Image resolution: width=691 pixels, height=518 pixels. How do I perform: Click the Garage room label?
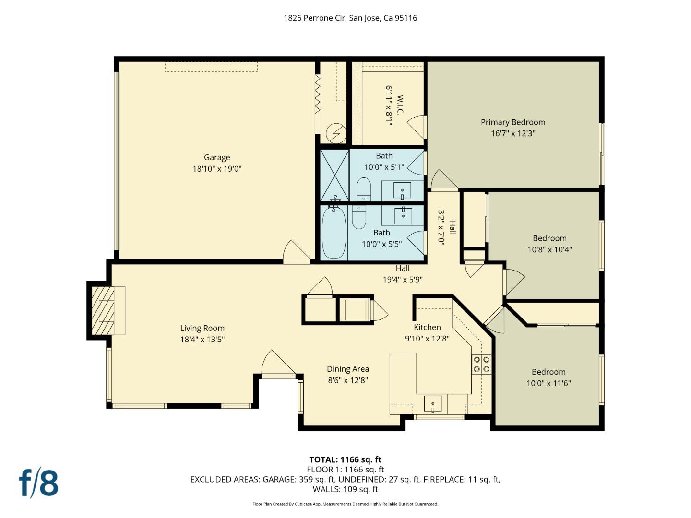pos(217,157)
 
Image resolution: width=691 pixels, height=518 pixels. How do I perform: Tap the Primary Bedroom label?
pos(512,122)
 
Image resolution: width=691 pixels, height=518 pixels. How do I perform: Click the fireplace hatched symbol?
pos(104,311)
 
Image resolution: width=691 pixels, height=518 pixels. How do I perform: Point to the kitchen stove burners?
pos(481,364)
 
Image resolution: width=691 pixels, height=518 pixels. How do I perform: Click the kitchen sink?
pos(432,404)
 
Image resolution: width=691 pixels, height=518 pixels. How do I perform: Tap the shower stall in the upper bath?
pos(335,175)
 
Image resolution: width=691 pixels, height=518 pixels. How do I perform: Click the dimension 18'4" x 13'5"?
pos(202,340)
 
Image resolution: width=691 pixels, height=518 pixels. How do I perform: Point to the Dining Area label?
pos(347,369)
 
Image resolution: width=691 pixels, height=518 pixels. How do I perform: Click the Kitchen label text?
pos(427,327)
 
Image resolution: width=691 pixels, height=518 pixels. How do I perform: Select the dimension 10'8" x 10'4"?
pos(549,249)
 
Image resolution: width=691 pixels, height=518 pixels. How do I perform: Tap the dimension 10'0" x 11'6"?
pos(548,383)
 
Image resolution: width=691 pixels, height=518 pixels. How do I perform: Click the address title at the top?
pos(350,18)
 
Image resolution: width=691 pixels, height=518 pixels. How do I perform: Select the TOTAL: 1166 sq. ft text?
pos(345,459)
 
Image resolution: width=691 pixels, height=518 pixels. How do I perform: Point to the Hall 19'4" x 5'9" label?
pos(403,274)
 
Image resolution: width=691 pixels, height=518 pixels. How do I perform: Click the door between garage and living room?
pos(297,253)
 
